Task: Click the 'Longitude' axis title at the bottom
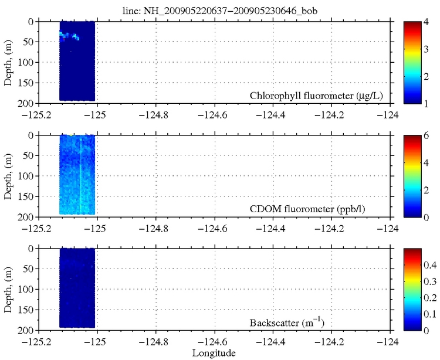click(214, 353)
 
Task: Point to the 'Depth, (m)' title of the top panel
click(9, 62)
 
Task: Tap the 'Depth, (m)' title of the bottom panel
click(9, 289)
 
